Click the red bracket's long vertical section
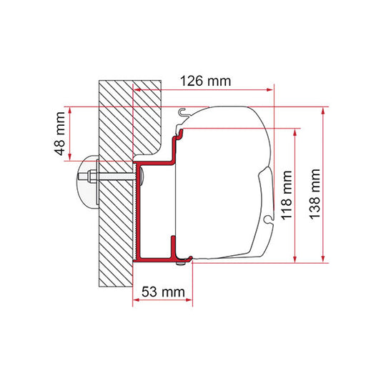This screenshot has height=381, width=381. click(137, 214)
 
